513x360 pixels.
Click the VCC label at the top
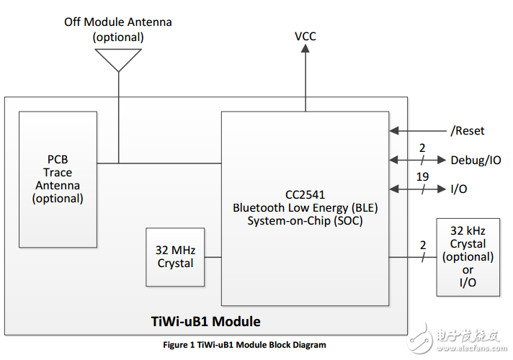[x=305, y=36]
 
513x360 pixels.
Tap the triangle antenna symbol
[x=118, y=60]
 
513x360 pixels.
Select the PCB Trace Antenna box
[x=58, y=179]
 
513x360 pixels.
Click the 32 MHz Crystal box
[x=175, y=257]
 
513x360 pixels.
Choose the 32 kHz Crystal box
[x=468, y=256]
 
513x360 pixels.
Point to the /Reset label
[x=468, y=131]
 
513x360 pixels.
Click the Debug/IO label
[x=476, y=160]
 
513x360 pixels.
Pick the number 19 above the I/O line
[x=422, y=176]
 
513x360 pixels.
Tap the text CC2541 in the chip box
[x=305, y=194]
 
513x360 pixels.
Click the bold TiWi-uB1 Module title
[x=205, y=321]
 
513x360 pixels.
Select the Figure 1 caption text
[x=244, y=345]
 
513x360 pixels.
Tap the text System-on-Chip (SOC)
[x=305, y=221]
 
